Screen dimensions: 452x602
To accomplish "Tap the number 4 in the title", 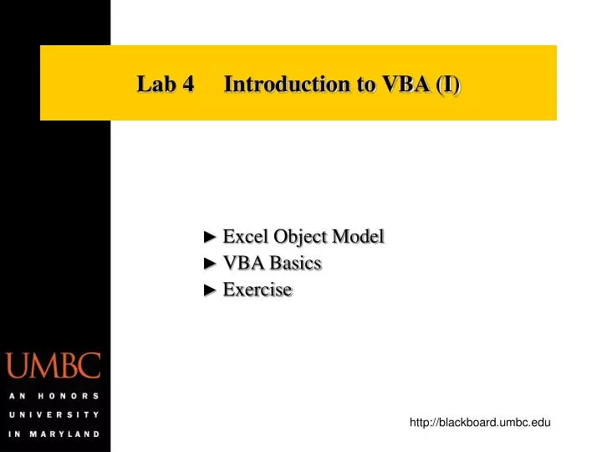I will point(188,84).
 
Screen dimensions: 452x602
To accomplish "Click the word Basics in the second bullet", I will point(293,263).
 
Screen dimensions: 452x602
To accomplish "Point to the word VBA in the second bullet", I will point(242,263).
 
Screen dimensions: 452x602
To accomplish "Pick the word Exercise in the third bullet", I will point(258,290).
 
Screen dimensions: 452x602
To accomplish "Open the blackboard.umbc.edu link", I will point(480,424).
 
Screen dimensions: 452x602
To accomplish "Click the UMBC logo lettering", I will point(54,366).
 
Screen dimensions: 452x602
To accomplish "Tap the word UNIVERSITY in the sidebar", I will point(54,414).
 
